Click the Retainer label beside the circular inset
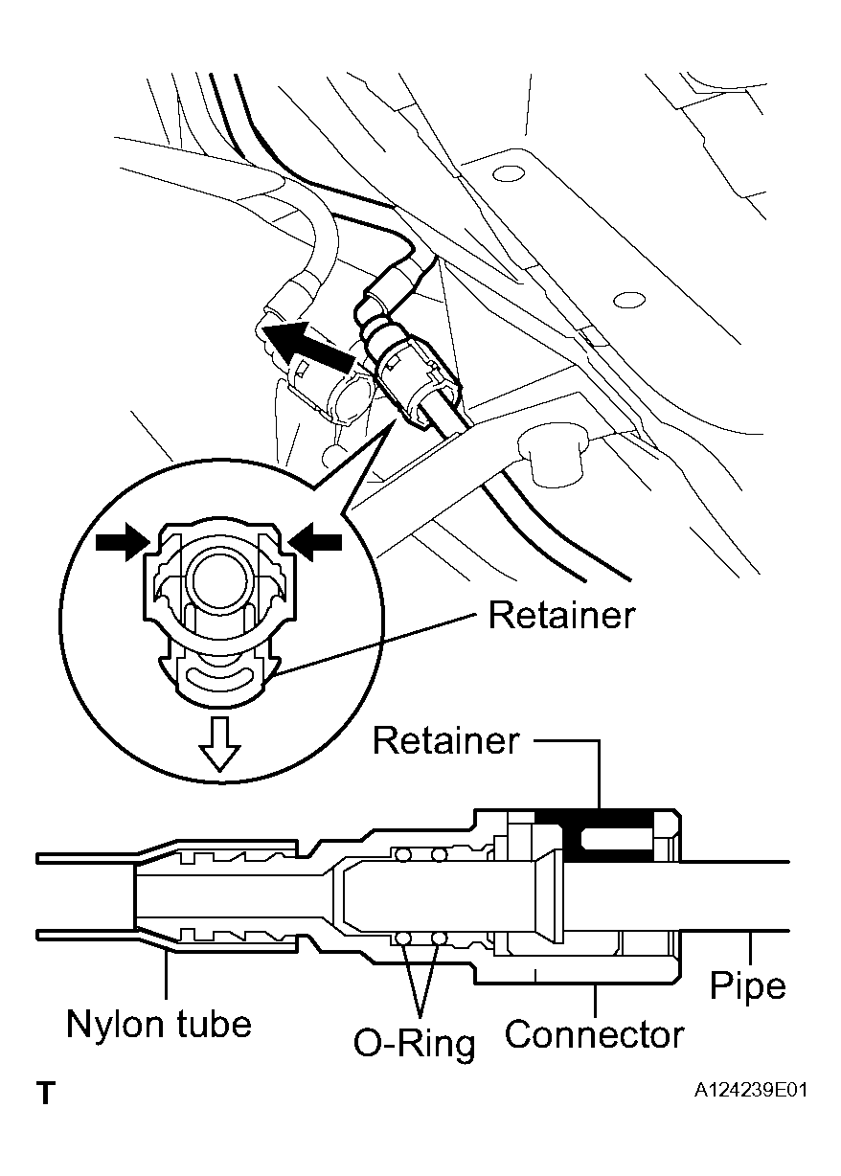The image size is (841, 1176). [561, 615]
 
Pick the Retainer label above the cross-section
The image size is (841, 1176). [445, 741]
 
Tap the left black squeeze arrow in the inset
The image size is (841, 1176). [121, 542]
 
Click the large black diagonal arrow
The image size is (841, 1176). [310, 350]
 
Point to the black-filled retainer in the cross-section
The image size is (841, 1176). [610, 836]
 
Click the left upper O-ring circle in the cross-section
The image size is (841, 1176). [403, 855]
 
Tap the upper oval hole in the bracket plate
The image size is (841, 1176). [510, 173]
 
